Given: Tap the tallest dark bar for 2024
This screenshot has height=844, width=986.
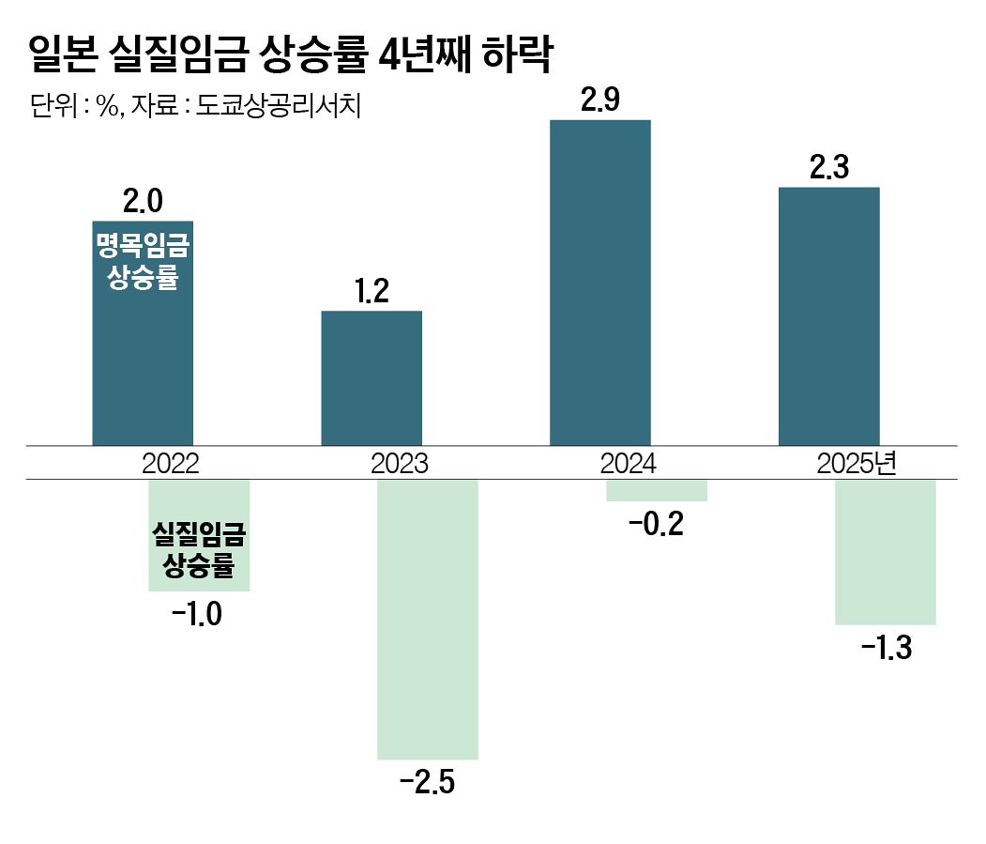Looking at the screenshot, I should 600,282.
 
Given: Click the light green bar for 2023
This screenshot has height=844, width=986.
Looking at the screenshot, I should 428,619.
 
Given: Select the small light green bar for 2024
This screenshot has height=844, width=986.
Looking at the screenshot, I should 657,490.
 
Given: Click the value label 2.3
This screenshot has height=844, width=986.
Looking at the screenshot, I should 829,168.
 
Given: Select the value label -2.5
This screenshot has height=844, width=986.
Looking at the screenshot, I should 428,781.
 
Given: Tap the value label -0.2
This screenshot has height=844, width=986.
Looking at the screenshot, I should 657,524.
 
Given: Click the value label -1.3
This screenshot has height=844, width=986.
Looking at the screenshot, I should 886,648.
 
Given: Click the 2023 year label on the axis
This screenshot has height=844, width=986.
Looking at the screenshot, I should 400,463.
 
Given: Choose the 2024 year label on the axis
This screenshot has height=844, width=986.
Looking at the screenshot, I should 629,463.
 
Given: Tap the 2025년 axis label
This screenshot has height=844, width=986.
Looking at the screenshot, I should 857,463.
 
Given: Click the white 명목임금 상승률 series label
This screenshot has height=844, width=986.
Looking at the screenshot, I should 143,262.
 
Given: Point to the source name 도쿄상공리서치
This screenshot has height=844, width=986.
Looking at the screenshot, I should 279,105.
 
